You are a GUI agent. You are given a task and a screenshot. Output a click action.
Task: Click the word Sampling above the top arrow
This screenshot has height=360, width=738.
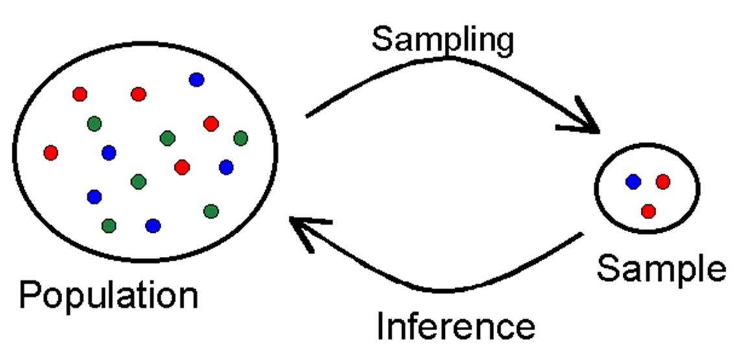[443, 40]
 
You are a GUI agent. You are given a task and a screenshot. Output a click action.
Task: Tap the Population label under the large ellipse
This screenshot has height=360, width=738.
[108, 294]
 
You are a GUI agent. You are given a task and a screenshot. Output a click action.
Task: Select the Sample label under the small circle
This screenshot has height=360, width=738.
[661, 268]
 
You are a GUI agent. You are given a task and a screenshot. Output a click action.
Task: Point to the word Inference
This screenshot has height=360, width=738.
[456, 326]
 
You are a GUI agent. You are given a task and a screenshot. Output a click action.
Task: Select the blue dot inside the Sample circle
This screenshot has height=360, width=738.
[633, 182]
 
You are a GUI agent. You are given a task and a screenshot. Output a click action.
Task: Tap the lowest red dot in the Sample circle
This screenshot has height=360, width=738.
[648, 211]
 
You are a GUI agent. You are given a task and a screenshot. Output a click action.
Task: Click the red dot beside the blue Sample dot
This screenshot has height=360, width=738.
[662, 182]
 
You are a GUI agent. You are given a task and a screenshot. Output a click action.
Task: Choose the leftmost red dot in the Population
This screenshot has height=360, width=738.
[51, 152]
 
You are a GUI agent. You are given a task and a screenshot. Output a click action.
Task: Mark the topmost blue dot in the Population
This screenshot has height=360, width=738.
[196, 80]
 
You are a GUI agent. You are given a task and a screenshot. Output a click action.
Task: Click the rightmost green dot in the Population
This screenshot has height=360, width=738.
[241, 138]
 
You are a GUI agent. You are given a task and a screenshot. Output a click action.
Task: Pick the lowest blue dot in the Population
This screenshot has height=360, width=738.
[153, 225]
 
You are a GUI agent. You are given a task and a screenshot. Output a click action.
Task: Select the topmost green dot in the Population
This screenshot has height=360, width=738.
[94, 123]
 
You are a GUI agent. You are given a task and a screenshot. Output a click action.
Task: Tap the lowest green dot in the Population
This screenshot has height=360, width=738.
[109, 225]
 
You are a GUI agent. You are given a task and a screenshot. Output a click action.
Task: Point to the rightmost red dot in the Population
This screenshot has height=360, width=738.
[211, 123]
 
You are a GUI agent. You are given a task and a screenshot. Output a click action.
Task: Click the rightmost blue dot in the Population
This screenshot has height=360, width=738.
[226, 167]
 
